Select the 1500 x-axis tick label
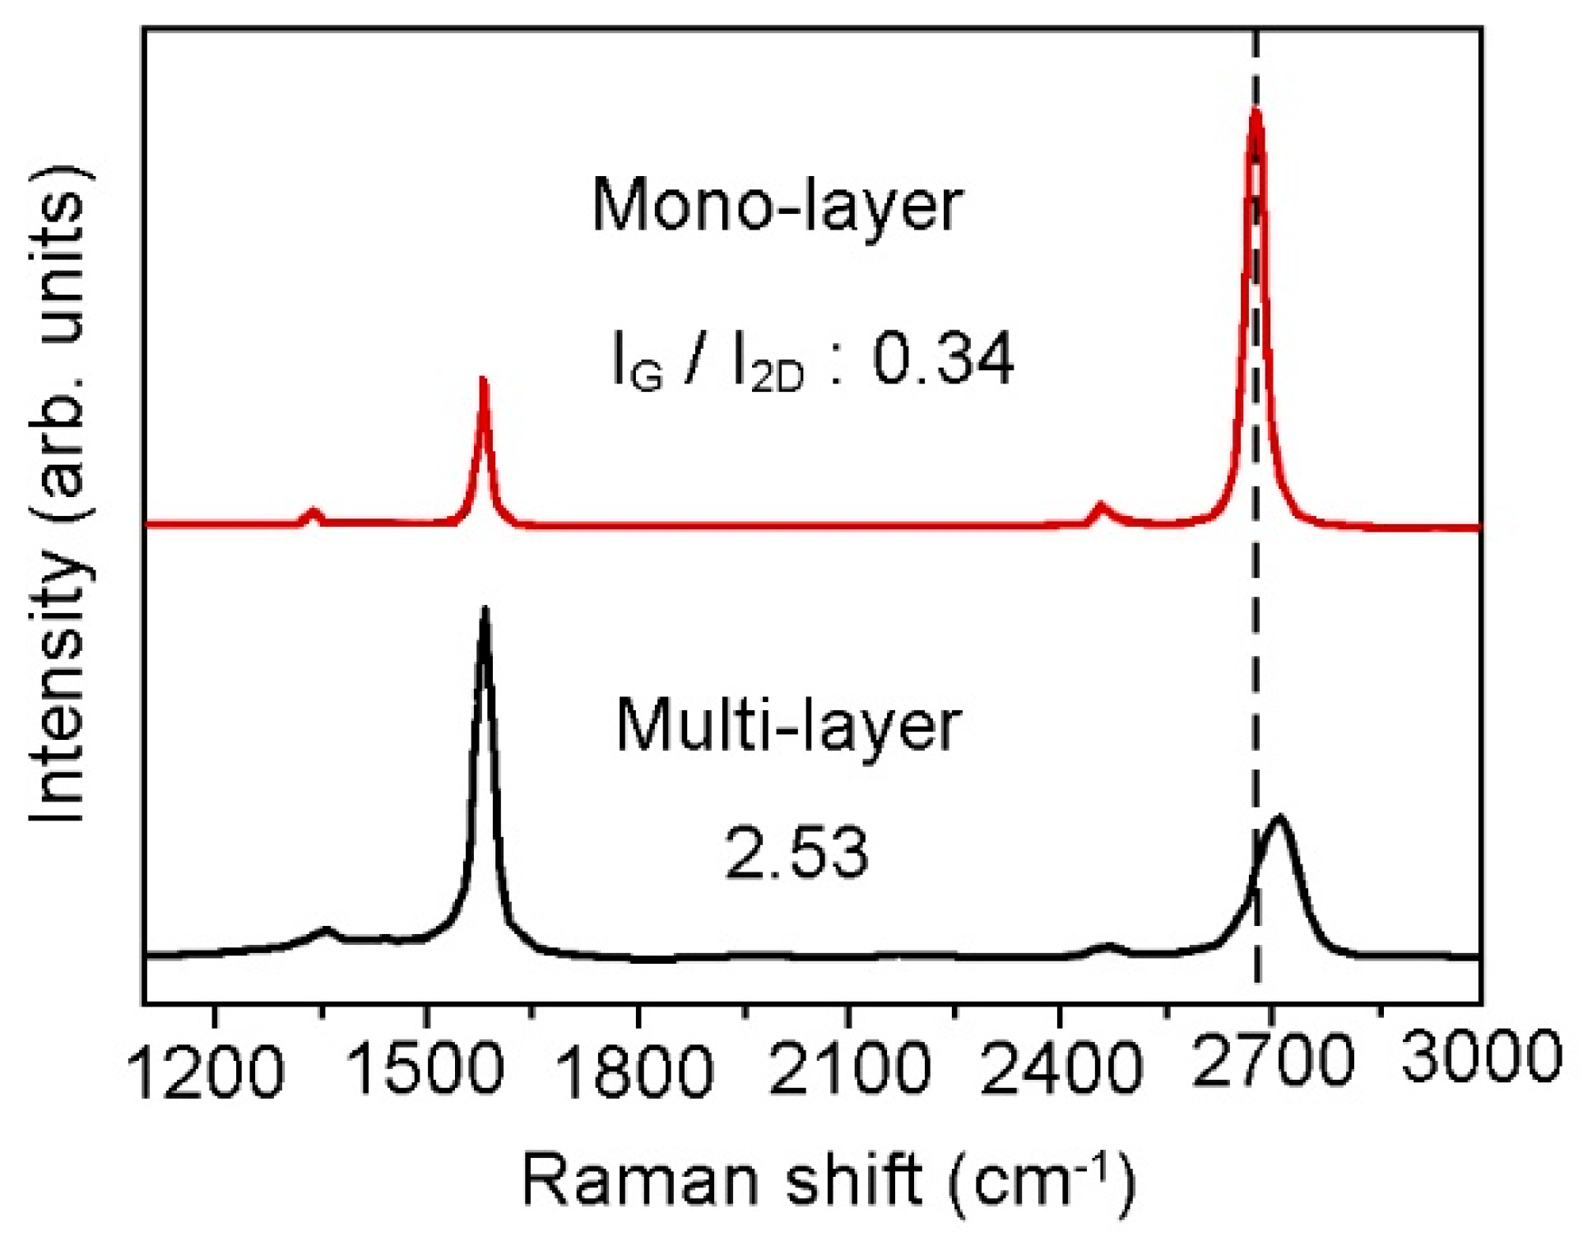pos(425,1069)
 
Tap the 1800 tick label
pos(636,1071)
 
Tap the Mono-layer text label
pos(777,206)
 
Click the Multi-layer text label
pos(788,726)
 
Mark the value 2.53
pos(796,853)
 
